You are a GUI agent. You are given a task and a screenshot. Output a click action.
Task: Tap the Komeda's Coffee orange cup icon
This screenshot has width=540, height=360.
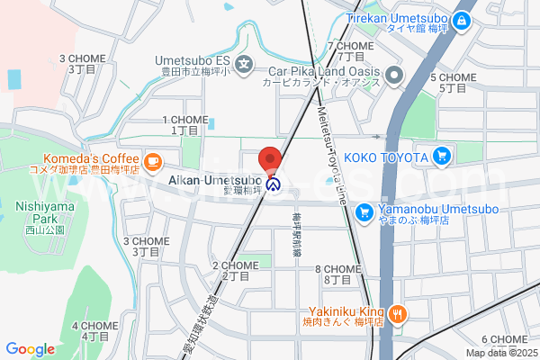click(x=153, y=161)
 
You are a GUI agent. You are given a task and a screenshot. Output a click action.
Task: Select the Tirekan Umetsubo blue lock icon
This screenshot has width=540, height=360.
click(x=463, y=19)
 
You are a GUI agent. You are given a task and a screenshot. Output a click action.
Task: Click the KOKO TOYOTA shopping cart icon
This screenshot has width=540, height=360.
click(x=441, y=157)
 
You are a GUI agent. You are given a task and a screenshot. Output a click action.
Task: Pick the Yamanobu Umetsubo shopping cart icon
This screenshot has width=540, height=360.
click(x=364, y=212)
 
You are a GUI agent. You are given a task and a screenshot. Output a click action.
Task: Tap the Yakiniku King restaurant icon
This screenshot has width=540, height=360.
click(x=400, y=313)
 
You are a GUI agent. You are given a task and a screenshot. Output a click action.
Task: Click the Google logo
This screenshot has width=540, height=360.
click(x=30, y=349)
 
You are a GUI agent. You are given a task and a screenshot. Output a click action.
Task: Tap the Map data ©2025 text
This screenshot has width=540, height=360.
click(x=499, y=353)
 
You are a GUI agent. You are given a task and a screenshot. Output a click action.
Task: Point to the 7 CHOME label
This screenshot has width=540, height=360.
click(x=350, y=50)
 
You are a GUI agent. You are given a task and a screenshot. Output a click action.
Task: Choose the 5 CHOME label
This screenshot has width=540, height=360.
click(x=453, y=83)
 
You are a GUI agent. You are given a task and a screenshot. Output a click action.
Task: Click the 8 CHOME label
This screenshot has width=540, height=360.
click(x=338, y=274)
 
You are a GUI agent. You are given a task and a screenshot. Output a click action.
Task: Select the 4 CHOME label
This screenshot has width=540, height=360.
click(x=94, y=330)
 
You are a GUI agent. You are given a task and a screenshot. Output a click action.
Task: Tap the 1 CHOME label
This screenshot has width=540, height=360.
click(x=184, y=124)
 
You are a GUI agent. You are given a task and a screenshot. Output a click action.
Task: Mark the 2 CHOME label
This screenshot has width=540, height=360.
click(x=236, y=270)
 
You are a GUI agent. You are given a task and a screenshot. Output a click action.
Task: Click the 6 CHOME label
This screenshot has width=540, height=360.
click(x=504, y=345)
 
